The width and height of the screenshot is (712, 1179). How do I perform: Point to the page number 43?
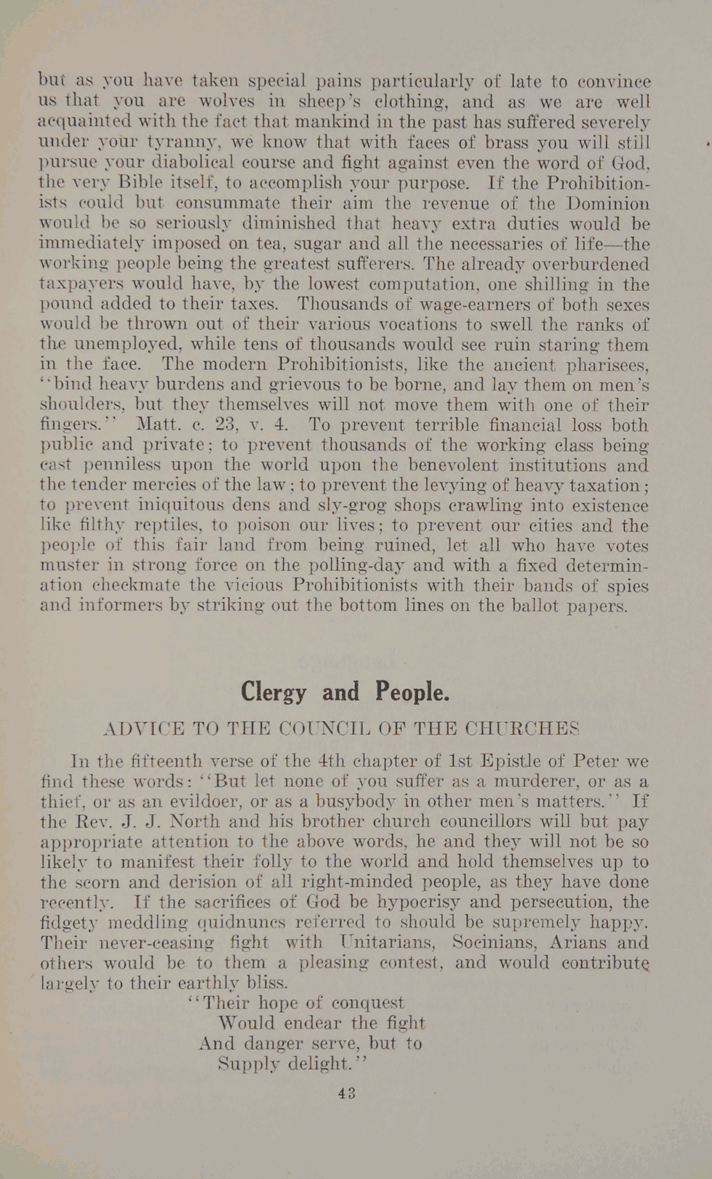coord(346,1093)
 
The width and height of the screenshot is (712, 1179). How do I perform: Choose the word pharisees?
coord(603,366)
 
